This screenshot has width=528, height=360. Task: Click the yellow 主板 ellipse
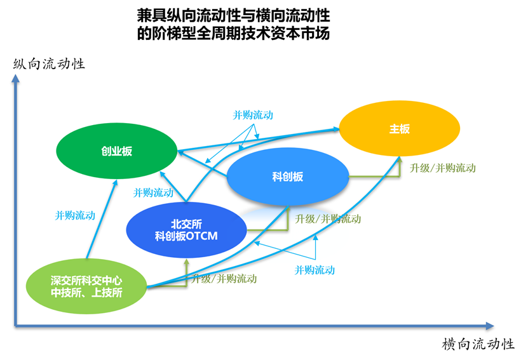400,128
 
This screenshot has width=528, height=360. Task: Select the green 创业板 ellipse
116,150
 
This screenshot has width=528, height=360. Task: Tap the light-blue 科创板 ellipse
288,177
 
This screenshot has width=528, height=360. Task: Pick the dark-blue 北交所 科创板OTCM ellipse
186,230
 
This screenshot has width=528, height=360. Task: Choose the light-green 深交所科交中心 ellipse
86,286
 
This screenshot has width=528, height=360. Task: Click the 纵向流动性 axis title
49,63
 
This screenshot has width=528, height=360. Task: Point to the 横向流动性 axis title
478,344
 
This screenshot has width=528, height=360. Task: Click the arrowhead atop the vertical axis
15,78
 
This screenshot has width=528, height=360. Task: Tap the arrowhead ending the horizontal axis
490,326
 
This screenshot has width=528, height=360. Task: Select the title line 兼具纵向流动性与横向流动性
233,15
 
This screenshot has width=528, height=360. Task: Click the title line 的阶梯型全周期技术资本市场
233,33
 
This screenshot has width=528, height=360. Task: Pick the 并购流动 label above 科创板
253,115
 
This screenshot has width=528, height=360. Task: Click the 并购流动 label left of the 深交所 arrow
75,215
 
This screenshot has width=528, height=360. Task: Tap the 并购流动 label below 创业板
153,193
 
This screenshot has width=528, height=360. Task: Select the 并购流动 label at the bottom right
315,270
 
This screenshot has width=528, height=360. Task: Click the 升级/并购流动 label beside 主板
442,168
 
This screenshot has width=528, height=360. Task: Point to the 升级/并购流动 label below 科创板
328,219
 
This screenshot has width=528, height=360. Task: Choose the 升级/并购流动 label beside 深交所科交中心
224,279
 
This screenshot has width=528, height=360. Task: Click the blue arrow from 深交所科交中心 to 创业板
102,219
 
